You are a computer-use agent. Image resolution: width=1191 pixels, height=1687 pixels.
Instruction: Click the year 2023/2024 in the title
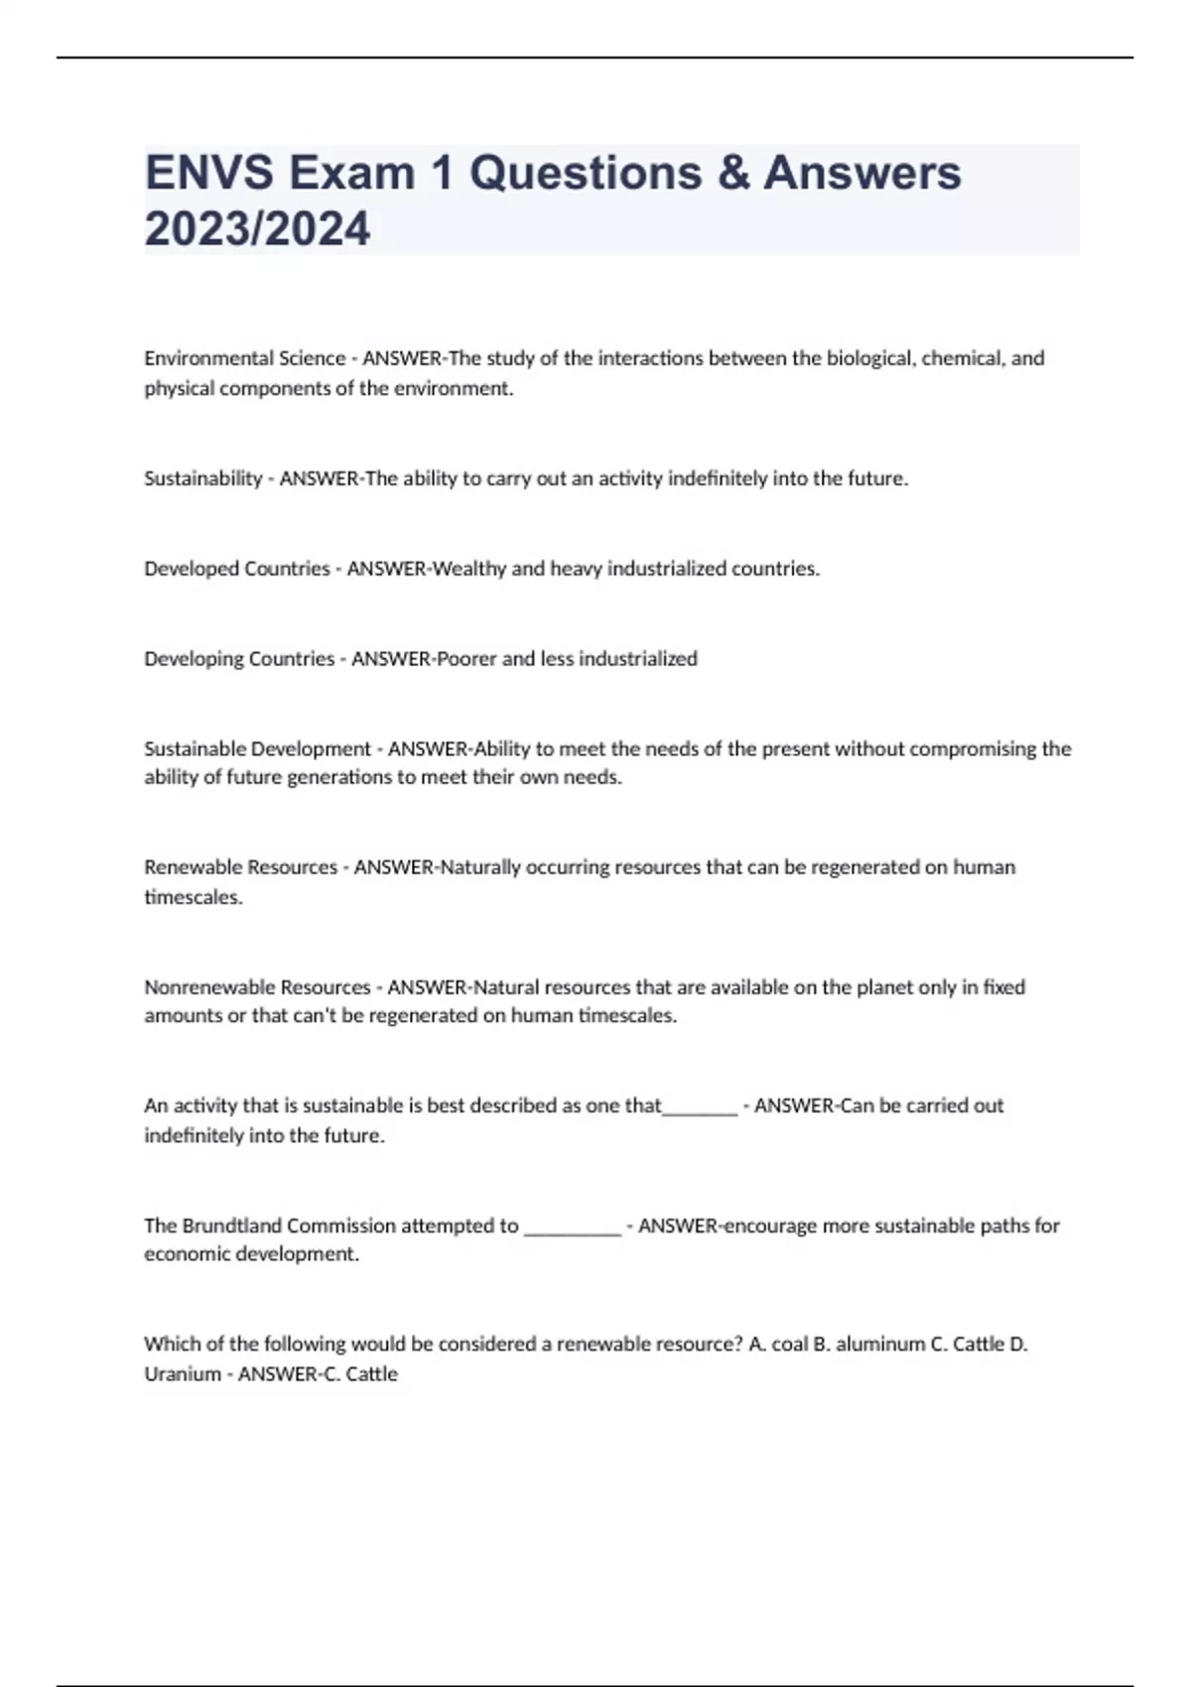tap(257, 228)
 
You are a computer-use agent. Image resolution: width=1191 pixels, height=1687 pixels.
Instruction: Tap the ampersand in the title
tap(732, 173)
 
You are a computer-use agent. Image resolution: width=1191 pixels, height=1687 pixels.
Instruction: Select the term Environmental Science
tap(244, 358)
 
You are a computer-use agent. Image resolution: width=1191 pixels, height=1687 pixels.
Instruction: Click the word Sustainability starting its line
tap(202, 478)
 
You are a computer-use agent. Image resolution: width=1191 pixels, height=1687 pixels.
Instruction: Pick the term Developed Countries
tap(236, 569)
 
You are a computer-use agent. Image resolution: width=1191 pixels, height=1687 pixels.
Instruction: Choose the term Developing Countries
tap(239, 659)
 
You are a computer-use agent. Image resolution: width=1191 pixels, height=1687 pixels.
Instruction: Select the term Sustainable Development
tap(257, 749)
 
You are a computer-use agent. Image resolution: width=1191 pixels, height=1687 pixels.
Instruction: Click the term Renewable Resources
tap(240, 867)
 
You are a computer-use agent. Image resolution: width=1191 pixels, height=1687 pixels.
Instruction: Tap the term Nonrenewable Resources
tap(257, 987)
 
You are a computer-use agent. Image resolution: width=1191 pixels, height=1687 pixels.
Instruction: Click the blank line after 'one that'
tap(700, 1109)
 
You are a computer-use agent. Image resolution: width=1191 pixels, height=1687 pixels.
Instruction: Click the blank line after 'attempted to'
tap(572, 1231)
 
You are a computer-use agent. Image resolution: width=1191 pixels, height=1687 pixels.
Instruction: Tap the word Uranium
tap(183, 1374)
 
